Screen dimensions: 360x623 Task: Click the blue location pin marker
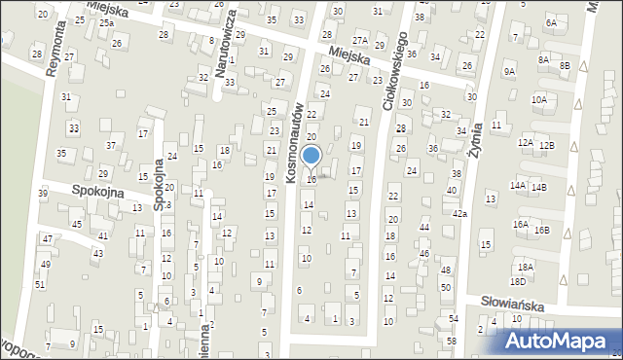coord(311,157)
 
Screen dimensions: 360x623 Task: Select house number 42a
coord(458,213)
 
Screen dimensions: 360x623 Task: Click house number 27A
coord(360,40)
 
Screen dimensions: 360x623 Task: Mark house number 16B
coord(541,230)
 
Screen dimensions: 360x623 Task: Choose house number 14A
coord(518,186)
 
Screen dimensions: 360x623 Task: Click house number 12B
coord(548,145)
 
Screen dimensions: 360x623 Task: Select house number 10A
coord(538,99)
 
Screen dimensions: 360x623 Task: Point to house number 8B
coord(565,65)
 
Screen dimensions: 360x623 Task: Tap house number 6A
coord(551,21)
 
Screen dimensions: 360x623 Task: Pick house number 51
coord(40,284)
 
